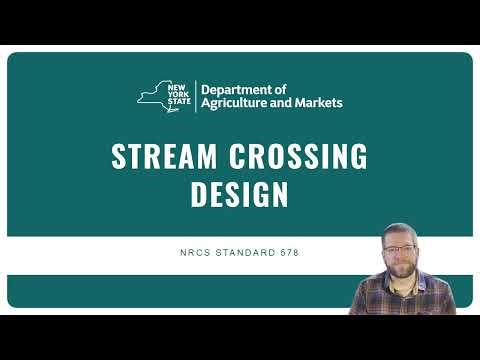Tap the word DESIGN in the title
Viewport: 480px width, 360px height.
tap(240, 195)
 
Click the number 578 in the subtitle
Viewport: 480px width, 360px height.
tap(288, 252)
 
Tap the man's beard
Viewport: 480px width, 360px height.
tap(402, 272)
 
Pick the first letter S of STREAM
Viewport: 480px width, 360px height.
tap(118, 157)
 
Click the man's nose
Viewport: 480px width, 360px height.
tap(402, 258)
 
